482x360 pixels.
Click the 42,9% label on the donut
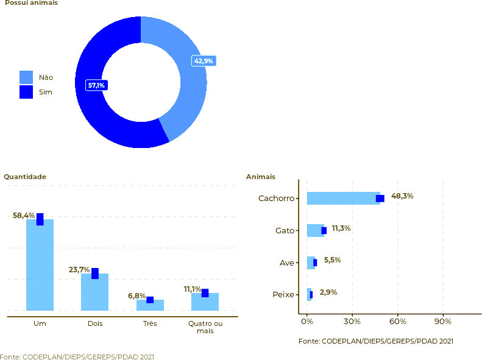coord(204,61)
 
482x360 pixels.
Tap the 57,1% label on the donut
coord(96,85)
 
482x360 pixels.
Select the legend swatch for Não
coord(26,77)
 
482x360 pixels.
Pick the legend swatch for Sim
coord(26,92)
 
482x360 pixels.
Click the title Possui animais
coord(32,3)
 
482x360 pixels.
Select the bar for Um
coord(40,265)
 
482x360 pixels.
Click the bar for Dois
coord(94,292)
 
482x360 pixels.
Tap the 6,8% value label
coord(136,296)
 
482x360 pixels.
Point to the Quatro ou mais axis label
coord(205,327)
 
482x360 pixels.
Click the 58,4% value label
coord(24,216)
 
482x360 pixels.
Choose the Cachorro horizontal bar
coord(343,198)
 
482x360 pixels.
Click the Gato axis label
coord(285,231)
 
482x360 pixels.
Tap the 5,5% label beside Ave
coord(332,260)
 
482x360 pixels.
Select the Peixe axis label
coord(283,295)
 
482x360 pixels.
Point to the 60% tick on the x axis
coord(397,322)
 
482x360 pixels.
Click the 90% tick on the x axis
coord(443,322)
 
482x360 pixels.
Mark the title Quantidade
coord(25,177)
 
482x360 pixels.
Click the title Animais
coord(260,177)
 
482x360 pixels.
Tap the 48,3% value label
coord(402,196)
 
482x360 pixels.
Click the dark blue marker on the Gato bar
coord(324,230)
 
